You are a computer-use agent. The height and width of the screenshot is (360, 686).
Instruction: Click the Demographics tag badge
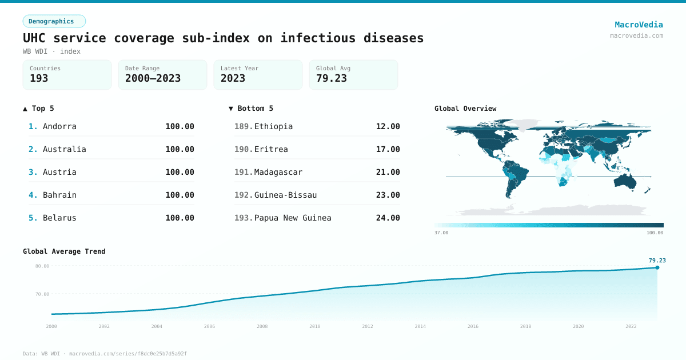[x=54, y=21]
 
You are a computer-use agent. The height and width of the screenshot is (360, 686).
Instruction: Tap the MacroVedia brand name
[x=639, y=25]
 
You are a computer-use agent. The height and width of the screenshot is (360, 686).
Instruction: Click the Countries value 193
[x=39, y=79]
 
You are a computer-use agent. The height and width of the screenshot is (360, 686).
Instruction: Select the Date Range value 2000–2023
[x=153, y=79]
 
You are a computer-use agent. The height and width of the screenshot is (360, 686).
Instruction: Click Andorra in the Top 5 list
[x=59, y=126]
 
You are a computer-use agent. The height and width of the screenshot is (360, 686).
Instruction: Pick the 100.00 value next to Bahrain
[x=180, y=195]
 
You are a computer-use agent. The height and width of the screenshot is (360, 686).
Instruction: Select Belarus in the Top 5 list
[x=59, y=218]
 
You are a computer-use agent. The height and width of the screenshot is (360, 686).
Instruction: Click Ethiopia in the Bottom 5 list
[x=273, y=126]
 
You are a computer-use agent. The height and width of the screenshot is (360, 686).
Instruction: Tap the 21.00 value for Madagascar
[x=388, y=172]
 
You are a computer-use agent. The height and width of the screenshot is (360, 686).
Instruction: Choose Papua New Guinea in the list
[x=293, y=218]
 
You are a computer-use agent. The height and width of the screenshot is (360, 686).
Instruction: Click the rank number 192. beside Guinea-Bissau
[x=243, y=195]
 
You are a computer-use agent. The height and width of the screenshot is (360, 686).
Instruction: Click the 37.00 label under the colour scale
[x=441, y=233]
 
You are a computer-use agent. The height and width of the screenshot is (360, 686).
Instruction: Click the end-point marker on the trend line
[x=657, y=267]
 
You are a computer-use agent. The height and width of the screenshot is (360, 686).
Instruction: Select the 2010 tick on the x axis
[x=314, y=326]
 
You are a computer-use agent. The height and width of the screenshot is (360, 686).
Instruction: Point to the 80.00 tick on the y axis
[x=42, y=266]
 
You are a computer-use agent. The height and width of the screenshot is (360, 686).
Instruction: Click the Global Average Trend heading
[x=64, y=251]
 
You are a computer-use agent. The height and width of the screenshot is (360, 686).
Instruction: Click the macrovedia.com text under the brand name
[x=636, y=35]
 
